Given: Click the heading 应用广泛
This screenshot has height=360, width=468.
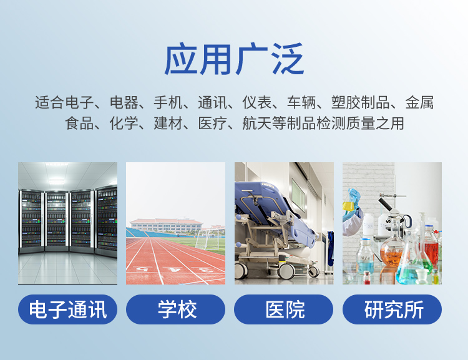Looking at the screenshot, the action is (234, 59).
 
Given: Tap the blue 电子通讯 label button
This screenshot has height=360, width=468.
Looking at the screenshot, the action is (68, 309).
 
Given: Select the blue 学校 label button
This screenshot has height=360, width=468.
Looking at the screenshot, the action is (175, 309).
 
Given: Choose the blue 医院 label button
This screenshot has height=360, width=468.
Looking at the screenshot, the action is (283, 309).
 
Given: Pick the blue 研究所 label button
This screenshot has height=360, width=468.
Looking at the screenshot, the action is (392, 309).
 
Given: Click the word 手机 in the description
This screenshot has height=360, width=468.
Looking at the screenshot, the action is (168, 102).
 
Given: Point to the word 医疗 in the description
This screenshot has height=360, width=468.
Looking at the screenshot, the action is (213, 124).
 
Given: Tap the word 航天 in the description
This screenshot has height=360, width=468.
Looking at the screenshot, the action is (256, 124).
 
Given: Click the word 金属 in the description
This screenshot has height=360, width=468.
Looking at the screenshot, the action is (419, 102).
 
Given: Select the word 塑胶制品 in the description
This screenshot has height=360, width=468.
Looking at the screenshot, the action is (360, 102).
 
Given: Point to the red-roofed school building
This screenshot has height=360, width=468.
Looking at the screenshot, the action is (166, 226).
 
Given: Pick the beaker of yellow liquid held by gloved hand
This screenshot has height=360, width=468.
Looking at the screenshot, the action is (348, 206).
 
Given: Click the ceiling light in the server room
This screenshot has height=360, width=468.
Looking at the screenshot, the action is (57, 180).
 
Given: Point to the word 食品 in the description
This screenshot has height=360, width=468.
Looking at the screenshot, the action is (79, 124).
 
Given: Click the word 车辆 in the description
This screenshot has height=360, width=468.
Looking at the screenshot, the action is (301, 102).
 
